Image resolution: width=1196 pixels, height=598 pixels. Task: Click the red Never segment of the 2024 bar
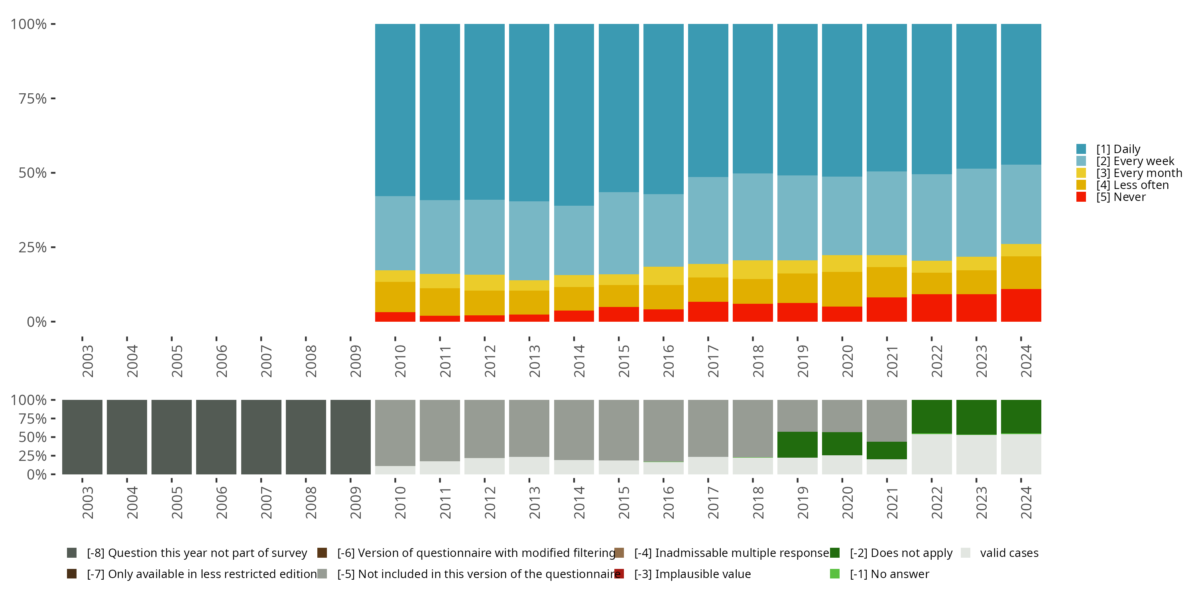(x=1021, y=305)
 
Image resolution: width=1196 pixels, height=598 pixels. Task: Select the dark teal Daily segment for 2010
(x=395, y=110)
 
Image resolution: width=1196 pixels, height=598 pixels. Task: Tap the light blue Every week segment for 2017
(x=708, y=220)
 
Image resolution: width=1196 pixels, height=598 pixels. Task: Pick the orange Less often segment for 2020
(x=842, y=289)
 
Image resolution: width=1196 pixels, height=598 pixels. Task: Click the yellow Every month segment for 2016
(x=663, y=276)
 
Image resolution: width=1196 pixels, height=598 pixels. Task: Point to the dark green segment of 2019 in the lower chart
(x=798, y=445)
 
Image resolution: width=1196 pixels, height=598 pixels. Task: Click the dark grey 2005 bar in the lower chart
(x=172, y=437)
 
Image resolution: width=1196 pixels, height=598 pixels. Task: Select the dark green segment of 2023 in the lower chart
(x=976, y=417)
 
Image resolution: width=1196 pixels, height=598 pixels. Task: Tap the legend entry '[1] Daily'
(x=1108, y=149)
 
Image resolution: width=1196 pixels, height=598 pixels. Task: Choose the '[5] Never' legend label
(x=1111, y=197)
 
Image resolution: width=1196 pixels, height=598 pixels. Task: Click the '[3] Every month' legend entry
(x=1129, y=173)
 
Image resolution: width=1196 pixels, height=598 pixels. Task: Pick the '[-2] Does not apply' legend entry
(x=891, y=553)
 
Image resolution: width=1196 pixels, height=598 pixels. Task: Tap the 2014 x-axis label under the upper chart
(x=579, y=361)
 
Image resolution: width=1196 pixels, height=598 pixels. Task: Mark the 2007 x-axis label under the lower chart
(x=266, y=502)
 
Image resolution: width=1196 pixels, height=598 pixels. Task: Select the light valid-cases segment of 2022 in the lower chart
(x=931, y=454)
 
